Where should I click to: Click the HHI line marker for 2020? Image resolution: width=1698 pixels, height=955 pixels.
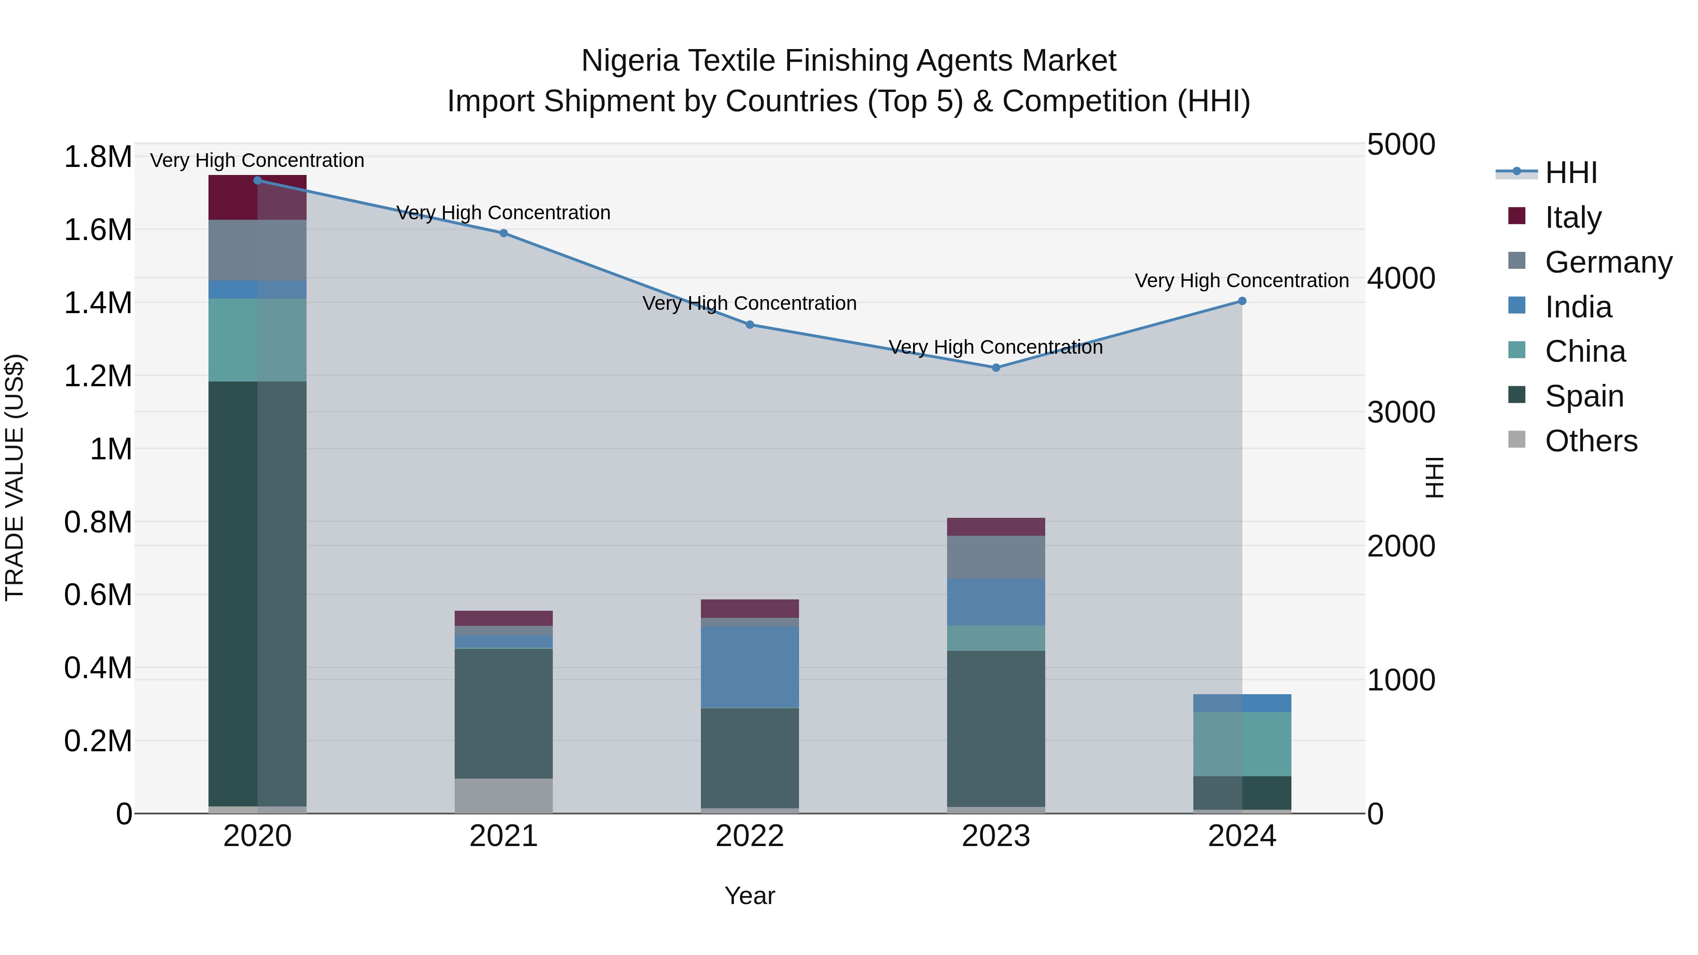[258, 181]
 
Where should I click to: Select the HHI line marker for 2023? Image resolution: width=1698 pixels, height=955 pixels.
[996, 368]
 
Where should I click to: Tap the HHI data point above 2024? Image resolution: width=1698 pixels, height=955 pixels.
[1242, 301]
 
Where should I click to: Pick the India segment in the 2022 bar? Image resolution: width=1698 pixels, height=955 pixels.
[749, 667]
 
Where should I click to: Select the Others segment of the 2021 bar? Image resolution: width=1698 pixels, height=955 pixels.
[504, 796]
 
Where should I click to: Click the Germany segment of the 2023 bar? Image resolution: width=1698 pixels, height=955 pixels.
[996, 557]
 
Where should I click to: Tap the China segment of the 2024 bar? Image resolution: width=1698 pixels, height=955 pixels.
[1242, 744]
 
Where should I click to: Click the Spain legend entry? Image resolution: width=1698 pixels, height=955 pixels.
[1584, 397]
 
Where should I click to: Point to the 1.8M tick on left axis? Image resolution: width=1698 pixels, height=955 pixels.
[98, 158]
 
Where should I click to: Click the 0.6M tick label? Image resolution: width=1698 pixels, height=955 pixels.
[98, 595]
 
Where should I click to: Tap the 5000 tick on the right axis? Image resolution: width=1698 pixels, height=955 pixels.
[1401, 145]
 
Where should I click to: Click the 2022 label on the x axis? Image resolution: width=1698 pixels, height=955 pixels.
[749, 836]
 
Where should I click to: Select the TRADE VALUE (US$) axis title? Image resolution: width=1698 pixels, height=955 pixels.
[15, 478]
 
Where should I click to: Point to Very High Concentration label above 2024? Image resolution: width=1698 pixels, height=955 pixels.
[1241, 281]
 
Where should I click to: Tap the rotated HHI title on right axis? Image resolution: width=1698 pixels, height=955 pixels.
[1434, 478]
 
